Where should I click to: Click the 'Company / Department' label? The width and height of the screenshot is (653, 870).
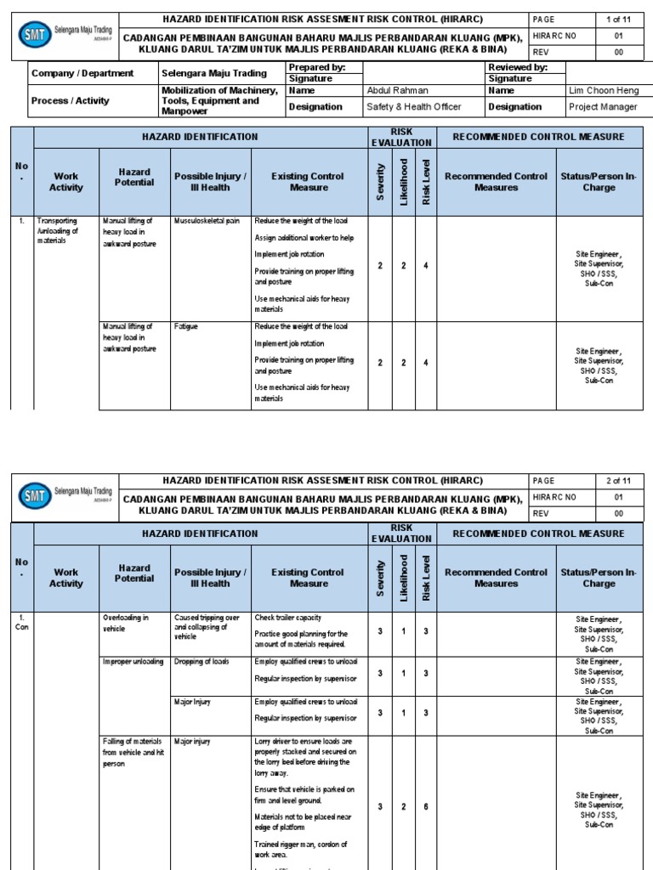coord(82,73)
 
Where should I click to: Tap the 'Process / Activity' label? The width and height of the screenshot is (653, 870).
coord(71,100)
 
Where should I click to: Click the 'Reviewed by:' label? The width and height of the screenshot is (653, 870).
coord(518,67)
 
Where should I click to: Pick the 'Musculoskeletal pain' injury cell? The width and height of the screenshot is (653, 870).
coord(207,221)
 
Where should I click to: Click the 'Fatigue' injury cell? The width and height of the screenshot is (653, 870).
coord(186,326)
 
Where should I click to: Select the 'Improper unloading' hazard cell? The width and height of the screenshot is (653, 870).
coord(133,661)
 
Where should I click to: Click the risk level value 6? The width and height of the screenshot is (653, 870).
coord(426,807)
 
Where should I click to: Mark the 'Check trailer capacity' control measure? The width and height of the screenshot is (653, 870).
coord(287,618)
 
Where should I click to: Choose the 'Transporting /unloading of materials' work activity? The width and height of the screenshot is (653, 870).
coord(58,231)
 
